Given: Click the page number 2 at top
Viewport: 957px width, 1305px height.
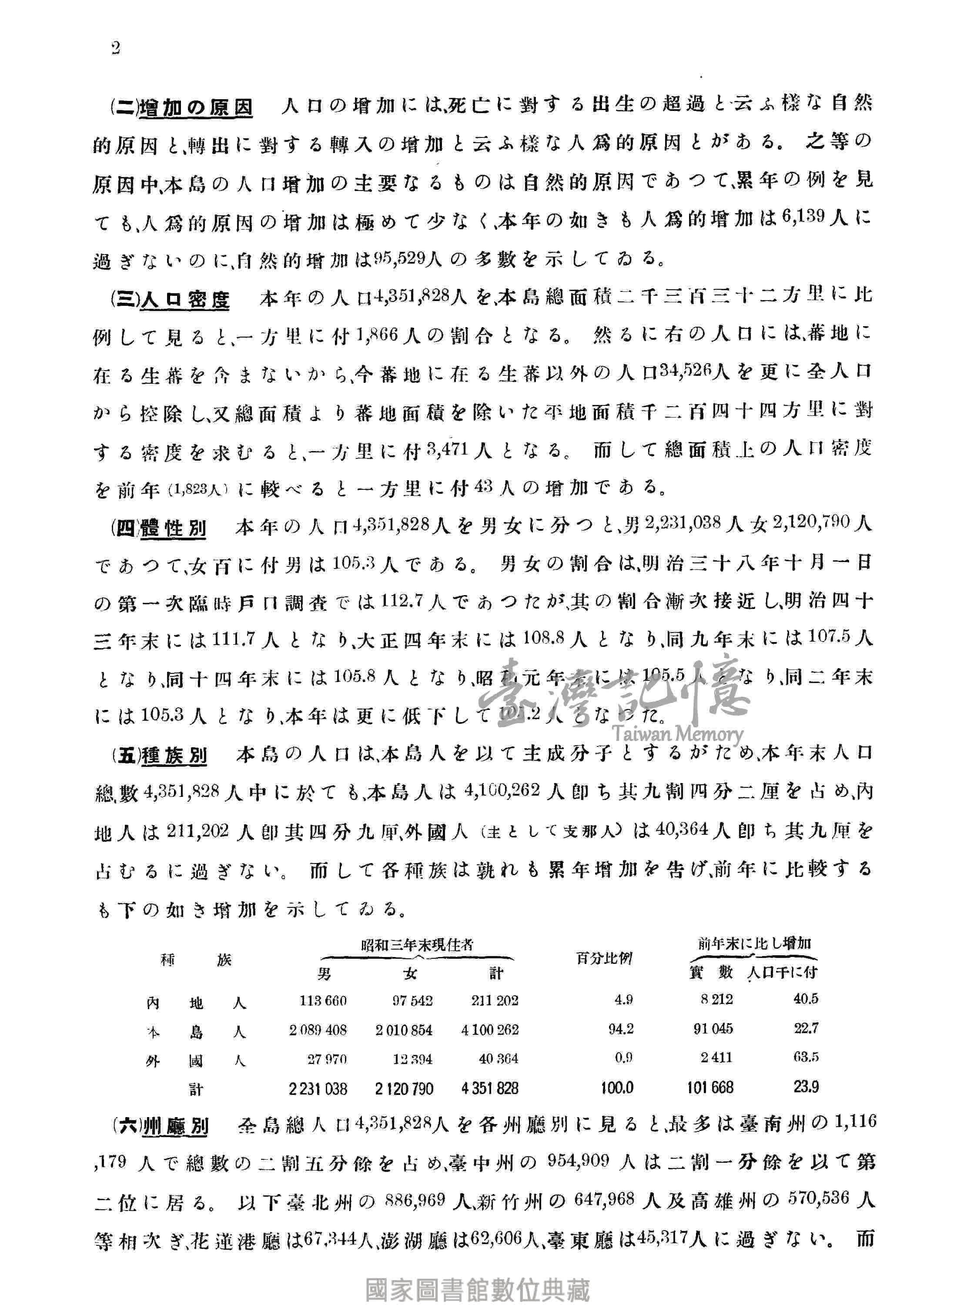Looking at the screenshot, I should (x=115, y=49).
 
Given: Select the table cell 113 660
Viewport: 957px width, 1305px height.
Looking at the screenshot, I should (x=323, y=1000).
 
